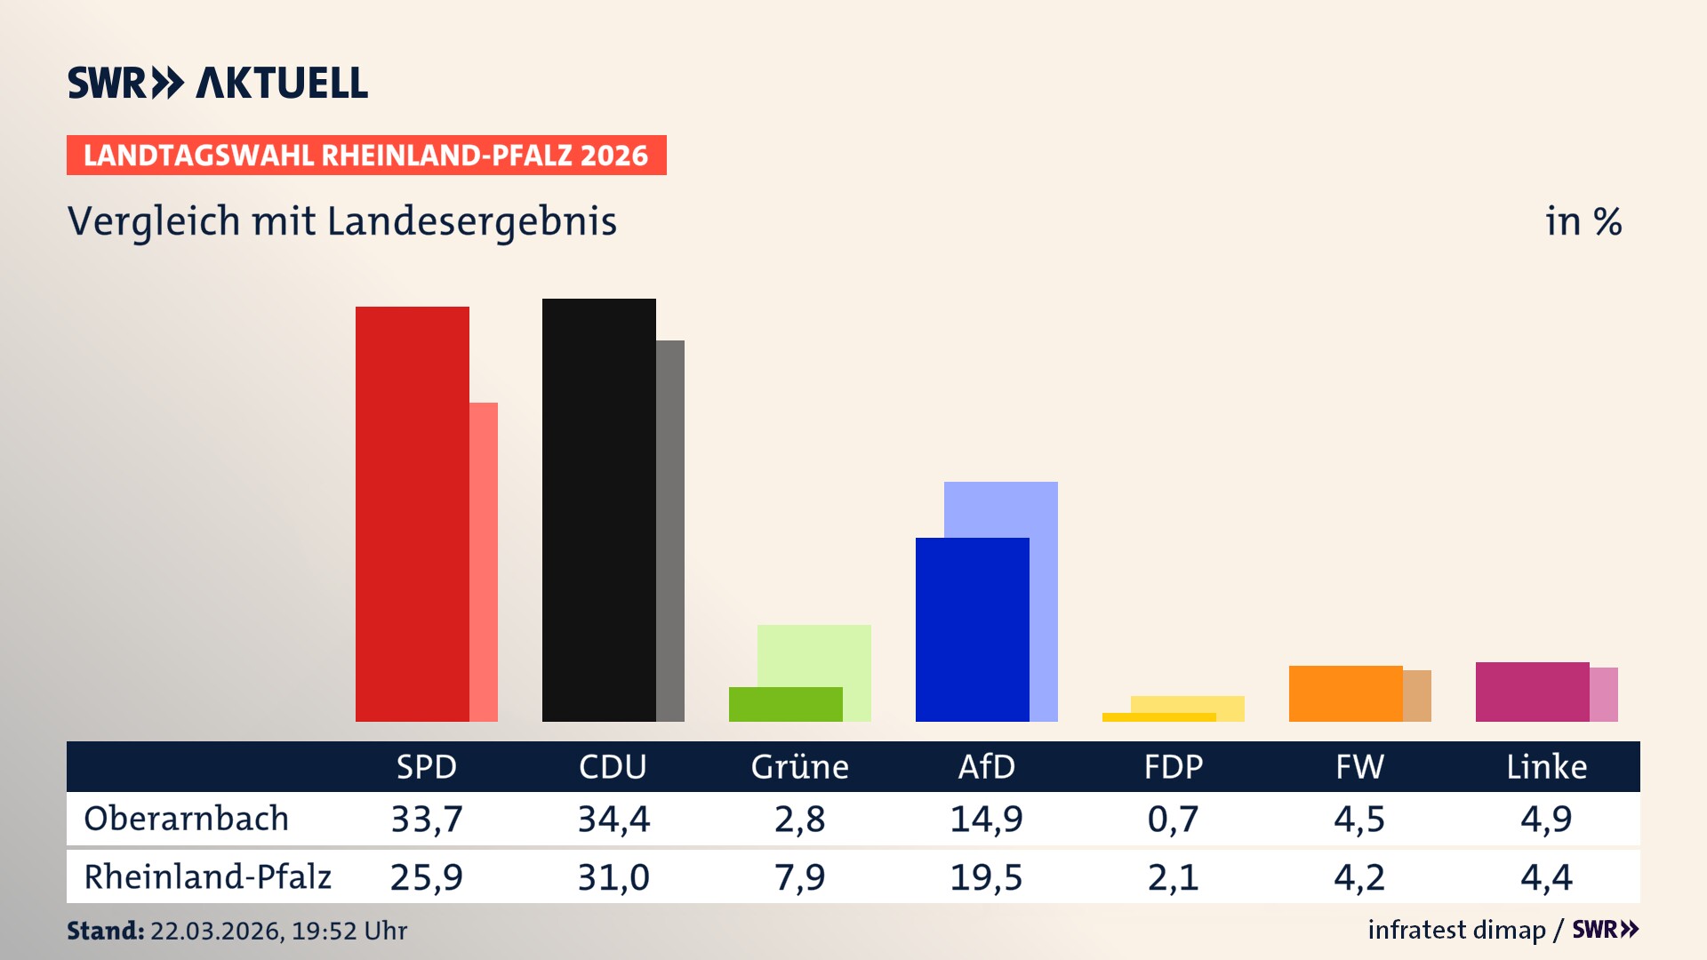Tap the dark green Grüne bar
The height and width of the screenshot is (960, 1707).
[x=785, y=704]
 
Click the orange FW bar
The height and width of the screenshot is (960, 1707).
[x=1345, y=693]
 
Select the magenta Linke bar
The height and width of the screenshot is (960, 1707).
[x=1532, y=692]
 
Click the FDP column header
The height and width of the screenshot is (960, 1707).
[x=1173, y=766]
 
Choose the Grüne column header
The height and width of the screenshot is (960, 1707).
[x=799, y=766]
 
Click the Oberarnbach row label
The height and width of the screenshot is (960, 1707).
[x=186, y=819]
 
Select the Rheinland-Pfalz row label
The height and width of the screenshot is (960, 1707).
[x=207, y=877]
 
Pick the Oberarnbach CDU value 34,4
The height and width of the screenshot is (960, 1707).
[x=613, y=819]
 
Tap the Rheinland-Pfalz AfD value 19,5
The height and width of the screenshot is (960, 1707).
[x=986, y=877]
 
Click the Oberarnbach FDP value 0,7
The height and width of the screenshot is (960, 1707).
[x=1173, y=819]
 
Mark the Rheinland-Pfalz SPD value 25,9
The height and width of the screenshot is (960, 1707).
[x=426, y=877]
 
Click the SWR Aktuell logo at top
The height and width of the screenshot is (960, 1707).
[x=218, y=83]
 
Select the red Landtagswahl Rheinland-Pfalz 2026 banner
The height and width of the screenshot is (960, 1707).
[x=366, y=156]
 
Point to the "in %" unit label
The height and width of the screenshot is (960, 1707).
[x=1583, y=222]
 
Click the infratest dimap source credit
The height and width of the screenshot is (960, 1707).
[x=1456, y=930]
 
